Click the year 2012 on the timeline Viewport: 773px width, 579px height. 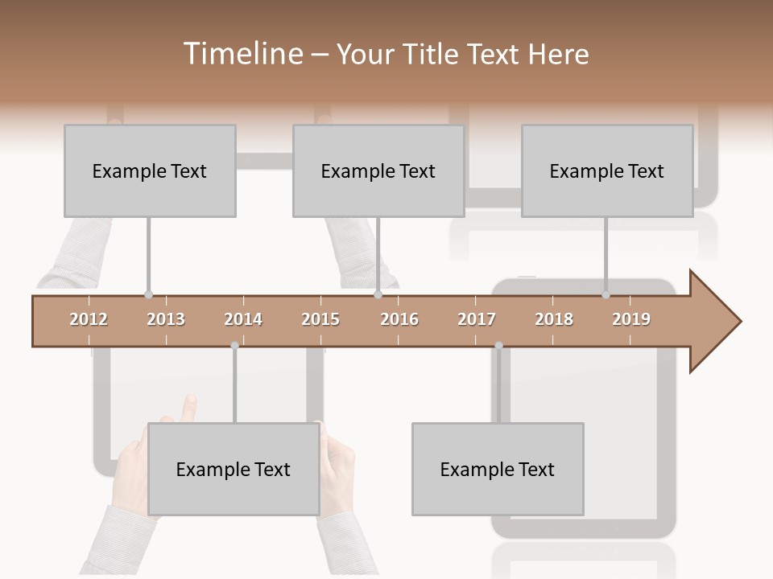(x=89, y=319)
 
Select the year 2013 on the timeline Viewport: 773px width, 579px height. (x=166, y=319)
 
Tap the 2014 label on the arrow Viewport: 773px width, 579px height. (x=243, y=319)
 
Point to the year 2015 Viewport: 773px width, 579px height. (x=320, y=319)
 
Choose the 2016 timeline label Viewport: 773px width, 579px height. (x=399, y=319)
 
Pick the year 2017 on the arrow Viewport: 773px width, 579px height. (x=477, y=319)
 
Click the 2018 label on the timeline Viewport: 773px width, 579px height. (x=554, y=319)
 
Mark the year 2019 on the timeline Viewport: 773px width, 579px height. (x=631, y=319)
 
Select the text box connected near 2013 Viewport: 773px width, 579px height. (x=150, y=170)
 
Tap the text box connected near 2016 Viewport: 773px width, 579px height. (x=378, y=170)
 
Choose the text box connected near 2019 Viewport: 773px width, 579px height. (x=607, y=170)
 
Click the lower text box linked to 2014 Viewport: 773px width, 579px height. (x=234, y=469)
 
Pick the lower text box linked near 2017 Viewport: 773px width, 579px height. (x=498, y=469)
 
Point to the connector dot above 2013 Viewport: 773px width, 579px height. (x=148, y=295)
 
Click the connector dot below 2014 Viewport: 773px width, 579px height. (x=234, y=346)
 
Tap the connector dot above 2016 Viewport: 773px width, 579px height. (x=378, y=295)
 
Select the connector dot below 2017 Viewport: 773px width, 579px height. (x=498, y=346)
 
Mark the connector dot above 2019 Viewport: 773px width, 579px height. (x=606, y=295)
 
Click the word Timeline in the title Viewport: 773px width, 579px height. (x=242, y=54)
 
